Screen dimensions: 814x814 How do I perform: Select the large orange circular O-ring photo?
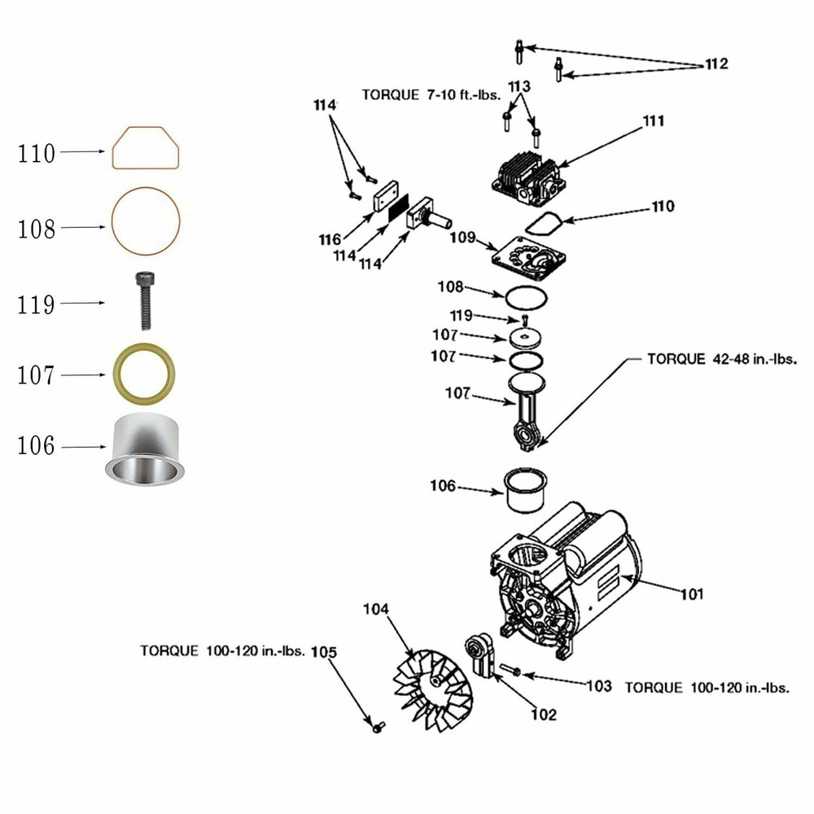click(x=146, y=220)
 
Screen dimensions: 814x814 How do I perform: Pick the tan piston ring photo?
click(x=145, y=374)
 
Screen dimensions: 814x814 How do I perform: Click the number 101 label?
click(x=692, y=593)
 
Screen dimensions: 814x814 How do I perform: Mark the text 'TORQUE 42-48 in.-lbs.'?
click(x=721, y=358)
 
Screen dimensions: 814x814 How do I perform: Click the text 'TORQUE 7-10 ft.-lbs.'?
click(x=431, y=94)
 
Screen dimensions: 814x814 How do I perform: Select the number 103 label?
click(x=598, y=686)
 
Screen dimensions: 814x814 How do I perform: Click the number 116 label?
click(x=330, y=239)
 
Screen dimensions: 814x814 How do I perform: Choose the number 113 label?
click(x=519, y=87)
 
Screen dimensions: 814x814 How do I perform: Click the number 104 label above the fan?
click(x=376, y=609)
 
